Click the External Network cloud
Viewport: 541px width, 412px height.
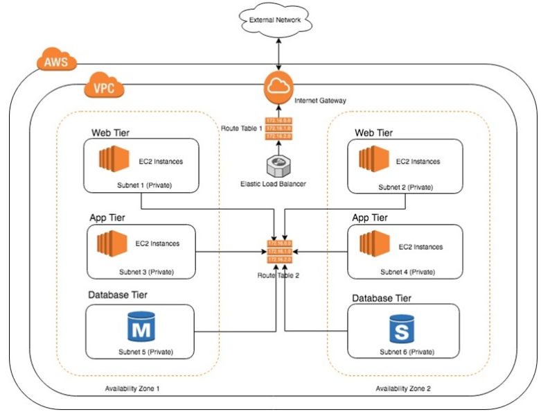tap(275, 20)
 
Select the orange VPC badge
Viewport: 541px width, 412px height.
tap(104, 88)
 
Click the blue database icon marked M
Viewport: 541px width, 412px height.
tap(141, 327)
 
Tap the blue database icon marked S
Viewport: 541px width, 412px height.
tap(401, 328)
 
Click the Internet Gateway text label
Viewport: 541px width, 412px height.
tap(320, 101)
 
